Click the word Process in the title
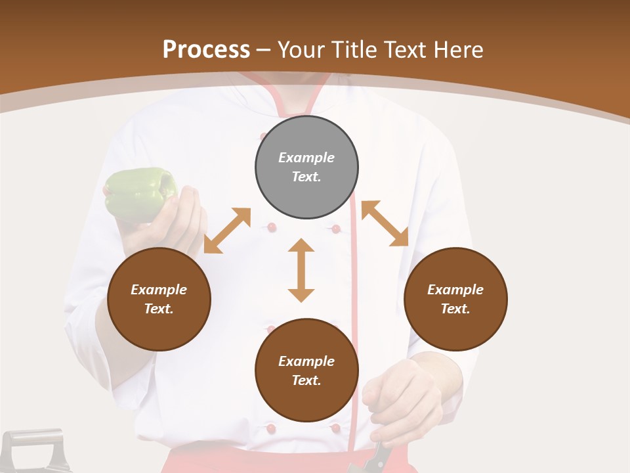tap(206, 50)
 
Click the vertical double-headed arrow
tap(301, 270)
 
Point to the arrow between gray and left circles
tap(227, 231)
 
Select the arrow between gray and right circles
tap(385, 223)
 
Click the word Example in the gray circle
tap(306, 158)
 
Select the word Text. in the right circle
tap(455, 309)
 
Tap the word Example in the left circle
tap(159, 290)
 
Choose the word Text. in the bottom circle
tap(306, 380)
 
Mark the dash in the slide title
tap(264, 51)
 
